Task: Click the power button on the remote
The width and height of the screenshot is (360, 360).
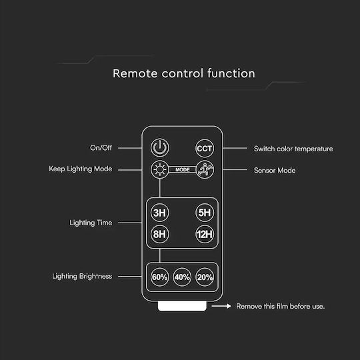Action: tap(160, 147)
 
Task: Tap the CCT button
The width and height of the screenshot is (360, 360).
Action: tap(205, 148)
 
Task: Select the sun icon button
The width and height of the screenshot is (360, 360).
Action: tap(160, 170)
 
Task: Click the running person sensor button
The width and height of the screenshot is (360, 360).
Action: tap(205, 170)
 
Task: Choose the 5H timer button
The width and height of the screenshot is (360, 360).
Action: tap(205, 213)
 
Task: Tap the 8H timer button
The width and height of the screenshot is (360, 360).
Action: tap(160, 234)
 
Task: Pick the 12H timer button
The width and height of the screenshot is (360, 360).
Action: tap(205, 234)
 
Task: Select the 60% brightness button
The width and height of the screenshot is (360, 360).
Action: tap(160, 277)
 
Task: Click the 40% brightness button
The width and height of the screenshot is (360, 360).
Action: tap(182, 277)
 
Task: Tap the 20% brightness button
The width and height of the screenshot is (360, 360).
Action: tap(205, 277)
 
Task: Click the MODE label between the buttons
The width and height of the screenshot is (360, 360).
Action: tap(183, 170)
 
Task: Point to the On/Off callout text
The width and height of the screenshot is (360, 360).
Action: tap(101, 147)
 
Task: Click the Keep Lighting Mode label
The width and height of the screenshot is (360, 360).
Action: tap(81, 169)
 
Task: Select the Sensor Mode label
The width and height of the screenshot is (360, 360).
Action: tap(275, 171)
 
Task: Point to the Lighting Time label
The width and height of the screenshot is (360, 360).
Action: tap(91, 223)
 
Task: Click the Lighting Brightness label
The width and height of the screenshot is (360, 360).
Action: tap(82, 276)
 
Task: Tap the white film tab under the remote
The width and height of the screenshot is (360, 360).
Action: tap(182, 306)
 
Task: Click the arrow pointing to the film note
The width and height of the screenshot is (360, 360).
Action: tap(221, 306)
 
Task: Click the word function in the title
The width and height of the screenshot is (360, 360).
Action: tap(231, 73)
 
